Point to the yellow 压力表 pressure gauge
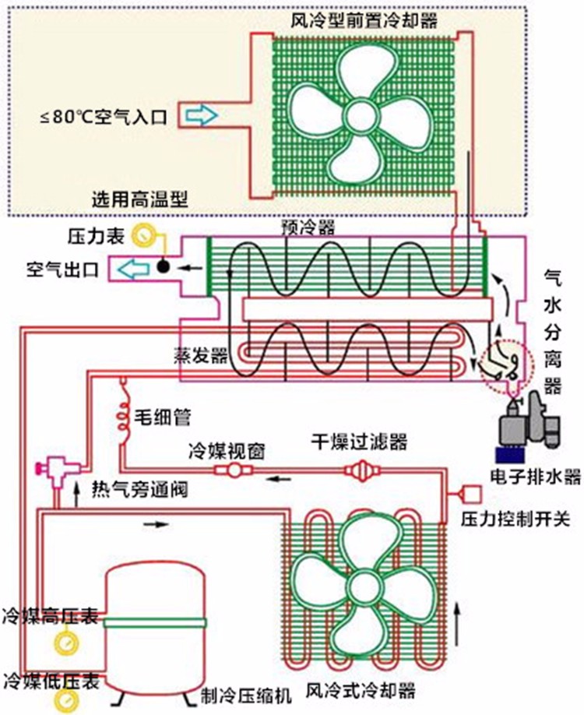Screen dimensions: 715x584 (143, 234)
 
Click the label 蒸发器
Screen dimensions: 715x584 (205, 355)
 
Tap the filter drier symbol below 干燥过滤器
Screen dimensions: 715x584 (361, 470)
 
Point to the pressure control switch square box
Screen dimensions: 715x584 (473, 492)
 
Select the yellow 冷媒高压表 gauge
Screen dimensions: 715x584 (65, 642)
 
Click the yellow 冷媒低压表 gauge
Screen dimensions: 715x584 (65, 697)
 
